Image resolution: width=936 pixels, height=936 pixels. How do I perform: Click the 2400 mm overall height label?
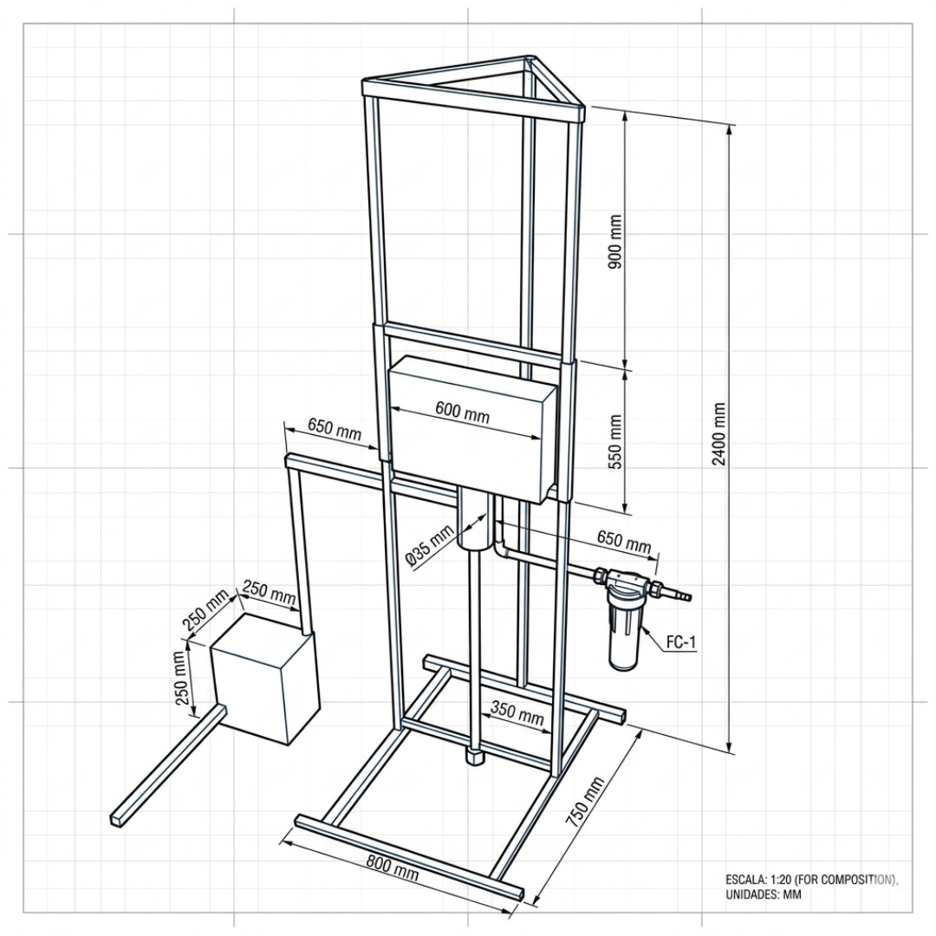point(719,434)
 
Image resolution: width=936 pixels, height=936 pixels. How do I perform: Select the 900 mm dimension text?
point(615,241)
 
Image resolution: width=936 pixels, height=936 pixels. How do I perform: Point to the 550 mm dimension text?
point(615,442)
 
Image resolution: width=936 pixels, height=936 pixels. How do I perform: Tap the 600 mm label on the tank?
point(462,412)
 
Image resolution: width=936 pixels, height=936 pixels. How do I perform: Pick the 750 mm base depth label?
point(585,802)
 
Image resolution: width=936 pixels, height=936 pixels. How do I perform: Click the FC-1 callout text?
point(680,642)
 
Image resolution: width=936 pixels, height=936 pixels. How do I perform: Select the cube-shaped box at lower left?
point(265,679)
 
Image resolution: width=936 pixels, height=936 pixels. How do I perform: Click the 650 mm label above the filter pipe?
point(624,540)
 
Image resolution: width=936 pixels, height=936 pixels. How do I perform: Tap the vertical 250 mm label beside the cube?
point(181,678)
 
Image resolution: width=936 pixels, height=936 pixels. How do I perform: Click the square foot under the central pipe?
point(475,756)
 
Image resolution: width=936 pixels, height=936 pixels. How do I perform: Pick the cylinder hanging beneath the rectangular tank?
point(475,517)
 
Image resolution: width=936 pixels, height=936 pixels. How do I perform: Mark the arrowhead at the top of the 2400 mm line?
point(730,130)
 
